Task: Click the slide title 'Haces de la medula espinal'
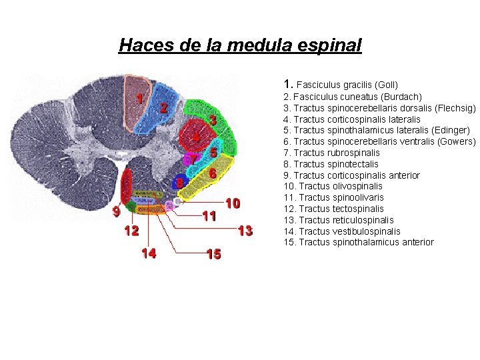pos(240,45)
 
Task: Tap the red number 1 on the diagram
pos(139,97)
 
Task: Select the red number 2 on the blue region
pos(163,107)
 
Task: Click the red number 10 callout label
pos(233,202)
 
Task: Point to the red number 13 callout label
pos(245,231)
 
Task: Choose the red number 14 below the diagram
pos(149,253)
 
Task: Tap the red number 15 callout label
pos(213,254)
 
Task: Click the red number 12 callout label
pos(131,231)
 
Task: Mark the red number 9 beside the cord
pos(116,213)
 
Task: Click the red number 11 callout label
pos(209,216)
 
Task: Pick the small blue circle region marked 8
pos(179,181)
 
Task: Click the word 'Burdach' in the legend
pos(402,97)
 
